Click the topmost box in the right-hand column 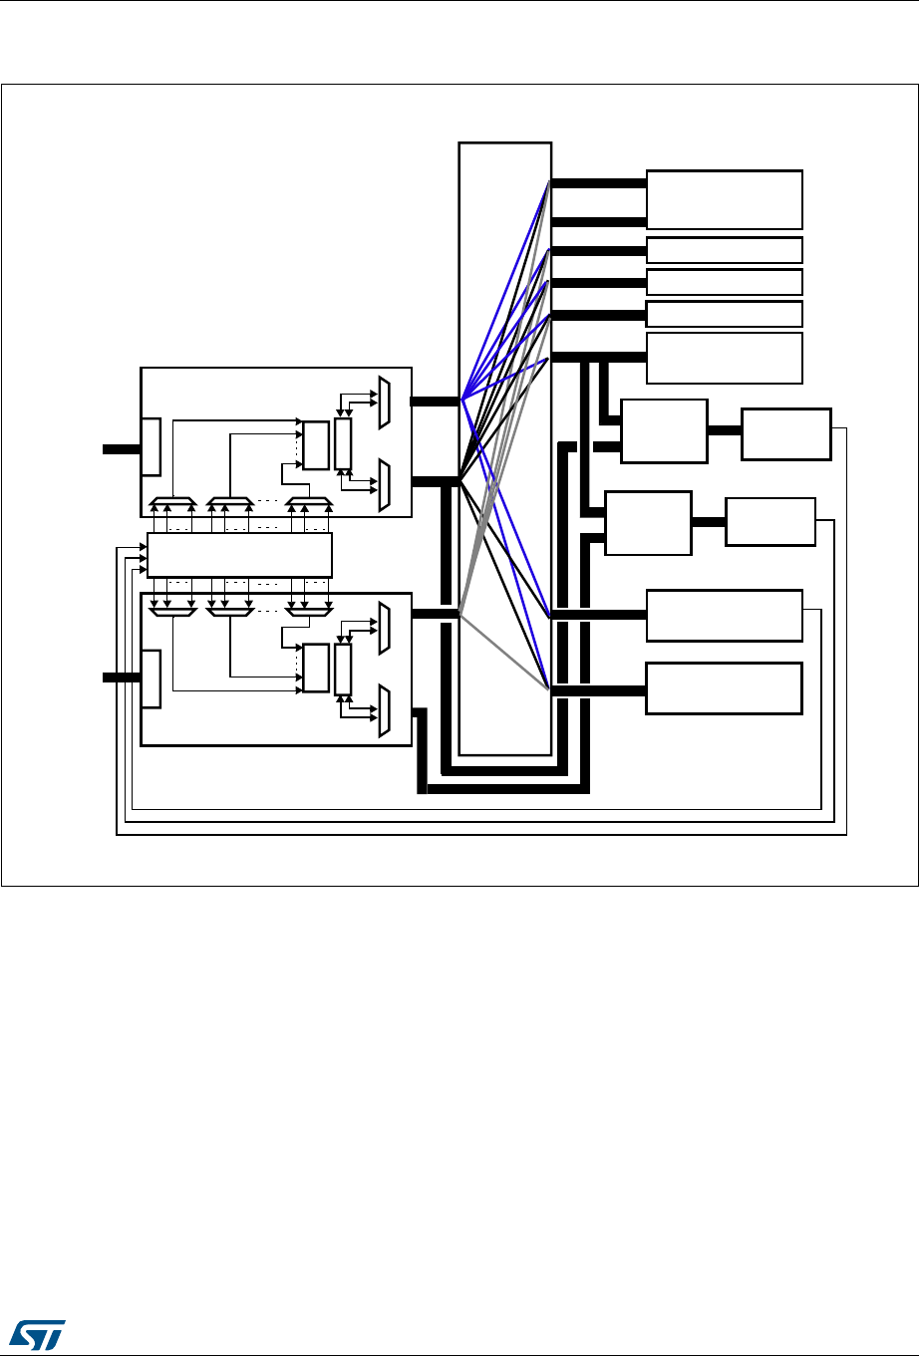[724, 199]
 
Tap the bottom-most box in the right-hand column [724, 687]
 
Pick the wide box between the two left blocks [238, 555]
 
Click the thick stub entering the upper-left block [121, 448]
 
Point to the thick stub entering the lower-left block [121, 678]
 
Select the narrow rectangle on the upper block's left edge [151, 447]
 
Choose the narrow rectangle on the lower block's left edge [151, 678]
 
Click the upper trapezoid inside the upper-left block [385, 402]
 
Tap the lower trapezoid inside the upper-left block [385, 484]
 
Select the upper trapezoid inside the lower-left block [385, 629]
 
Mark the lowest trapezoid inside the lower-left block [385, 711]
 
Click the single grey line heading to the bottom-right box [504, 653]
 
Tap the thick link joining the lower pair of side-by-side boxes [708, 521]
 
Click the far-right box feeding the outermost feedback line [785, 433]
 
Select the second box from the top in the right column [724, 249]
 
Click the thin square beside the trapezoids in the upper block [343, 444]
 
